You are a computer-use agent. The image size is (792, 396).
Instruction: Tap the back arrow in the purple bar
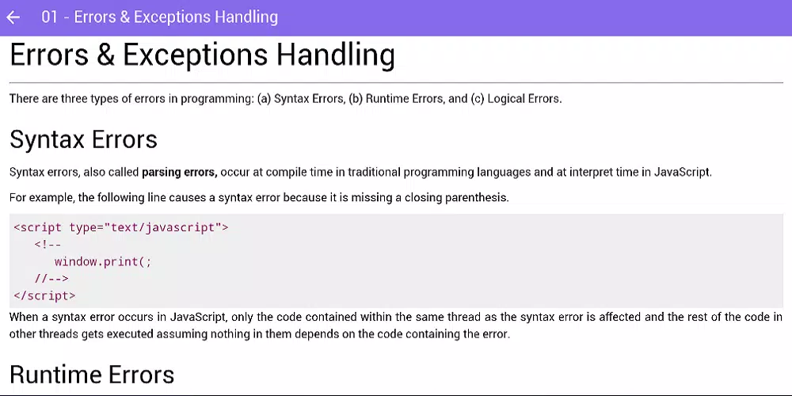coord(13,17)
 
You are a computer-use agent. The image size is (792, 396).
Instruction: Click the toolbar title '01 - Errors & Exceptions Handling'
coord(160,17)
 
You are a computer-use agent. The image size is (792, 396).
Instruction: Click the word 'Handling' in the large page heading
coord(335,55)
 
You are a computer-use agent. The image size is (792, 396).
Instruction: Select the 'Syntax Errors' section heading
coord(83,139)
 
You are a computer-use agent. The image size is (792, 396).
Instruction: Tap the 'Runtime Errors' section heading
coord(92,375)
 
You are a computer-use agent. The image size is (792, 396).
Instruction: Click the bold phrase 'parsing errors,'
coord(179,172)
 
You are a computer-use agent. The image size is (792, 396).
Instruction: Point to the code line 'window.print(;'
coord(103,261)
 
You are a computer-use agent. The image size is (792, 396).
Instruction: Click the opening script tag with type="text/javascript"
coord(121,228)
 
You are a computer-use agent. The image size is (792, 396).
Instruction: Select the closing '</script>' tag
coord(44,295)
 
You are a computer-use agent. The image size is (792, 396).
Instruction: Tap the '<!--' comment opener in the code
coord(48,245)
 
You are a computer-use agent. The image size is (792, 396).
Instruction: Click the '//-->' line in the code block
coord(51,278)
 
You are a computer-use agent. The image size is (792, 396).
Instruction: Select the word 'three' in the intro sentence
coord(74,99)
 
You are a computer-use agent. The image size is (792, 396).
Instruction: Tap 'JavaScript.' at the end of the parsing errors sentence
coord(683,172)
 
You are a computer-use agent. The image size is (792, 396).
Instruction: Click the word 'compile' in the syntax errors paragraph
coord(286,173)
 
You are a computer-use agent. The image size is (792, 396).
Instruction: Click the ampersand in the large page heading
coord(105,55)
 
